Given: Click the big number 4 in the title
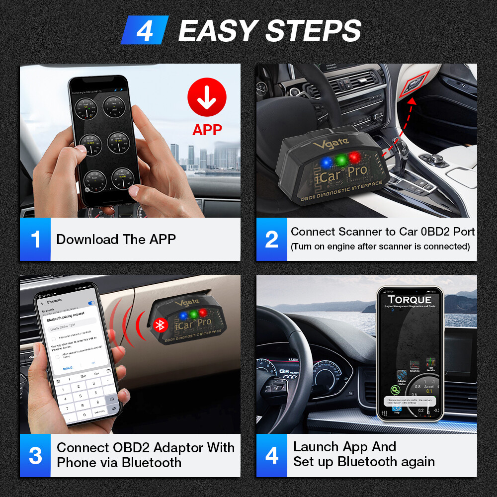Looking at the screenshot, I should tap(145, 30).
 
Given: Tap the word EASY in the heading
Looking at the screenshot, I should tap(218, 31).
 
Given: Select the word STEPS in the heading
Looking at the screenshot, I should tap(313, 31).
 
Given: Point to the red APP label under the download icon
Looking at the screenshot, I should tap(207, 130).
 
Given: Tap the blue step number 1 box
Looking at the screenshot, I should tap(35, 239).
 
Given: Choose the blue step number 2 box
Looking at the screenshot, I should tap(271, 239).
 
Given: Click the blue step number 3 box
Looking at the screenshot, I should tap(35, 455).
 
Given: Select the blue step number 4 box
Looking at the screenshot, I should tap(271, 455).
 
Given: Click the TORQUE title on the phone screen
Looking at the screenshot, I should tap(410, 300).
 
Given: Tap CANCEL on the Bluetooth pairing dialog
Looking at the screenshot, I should tap(68, 368).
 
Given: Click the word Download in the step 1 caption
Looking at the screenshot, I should tap(87, 239).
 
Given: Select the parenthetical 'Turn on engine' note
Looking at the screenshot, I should tap(380, 247).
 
